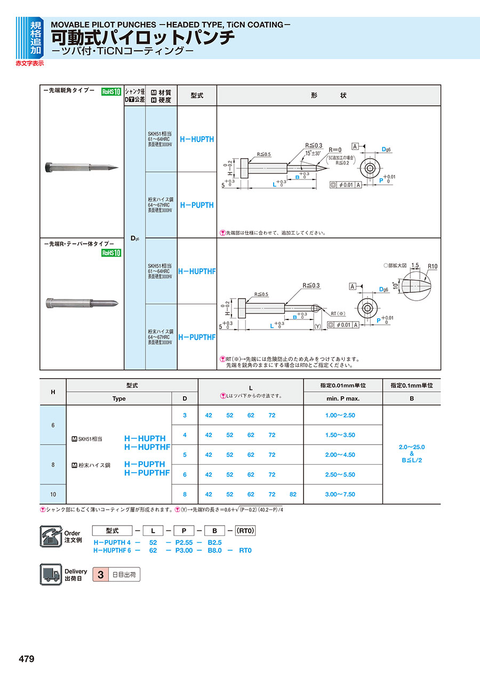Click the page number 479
[x=27, y=659]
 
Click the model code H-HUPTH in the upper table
[x=197, y=139]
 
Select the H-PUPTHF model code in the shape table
[x=197, y=337]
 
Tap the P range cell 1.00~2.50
[x=340, y=415]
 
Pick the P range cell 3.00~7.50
[x=340, y=494]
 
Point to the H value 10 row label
[x=53, y=494]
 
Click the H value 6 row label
[x=53, y=425]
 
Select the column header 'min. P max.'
[x=342, y=399]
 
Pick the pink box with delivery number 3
[x=100, y=575]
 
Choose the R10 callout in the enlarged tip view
[x=433, y=267]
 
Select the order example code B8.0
[x=214, y=550]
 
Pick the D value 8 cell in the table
[x=185, y=494]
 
